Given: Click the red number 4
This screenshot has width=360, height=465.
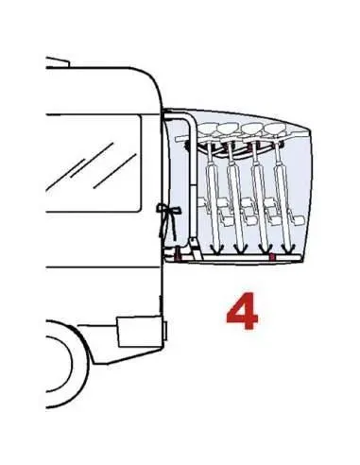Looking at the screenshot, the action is point(242,311).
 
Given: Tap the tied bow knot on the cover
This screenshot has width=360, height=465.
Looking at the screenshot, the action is point(168,210).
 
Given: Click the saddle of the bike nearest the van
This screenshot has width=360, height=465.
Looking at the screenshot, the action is point(207,129).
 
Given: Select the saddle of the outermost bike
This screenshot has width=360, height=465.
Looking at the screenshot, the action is point(275,129).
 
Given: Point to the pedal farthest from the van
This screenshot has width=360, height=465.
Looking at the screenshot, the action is point(296,219).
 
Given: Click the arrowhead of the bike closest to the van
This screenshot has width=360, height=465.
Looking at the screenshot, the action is point(216,249).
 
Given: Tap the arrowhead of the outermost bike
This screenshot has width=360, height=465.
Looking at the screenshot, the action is point(288,249).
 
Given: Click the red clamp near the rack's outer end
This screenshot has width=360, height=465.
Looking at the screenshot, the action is point(272,257).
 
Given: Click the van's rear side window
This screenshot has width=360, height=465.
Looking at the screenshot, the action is point(94,163).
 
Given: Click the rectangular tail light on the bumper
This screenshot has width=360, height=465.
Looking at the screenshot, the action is point(140,332).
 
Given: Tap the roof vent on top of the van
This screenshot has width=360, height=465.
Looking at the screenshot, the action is point(58,62).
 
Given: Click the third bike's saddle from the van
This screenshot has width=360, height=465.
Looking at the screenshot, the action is point(252,129).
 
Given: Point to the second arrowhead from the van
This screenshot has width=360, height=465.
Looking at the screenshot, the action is point(241,249).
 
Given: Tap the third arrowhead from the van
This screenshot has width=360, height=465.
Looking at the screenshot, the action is point(266,249).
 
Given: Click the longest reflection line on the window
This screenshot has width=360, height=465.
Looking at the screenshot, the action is point(92,160).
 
